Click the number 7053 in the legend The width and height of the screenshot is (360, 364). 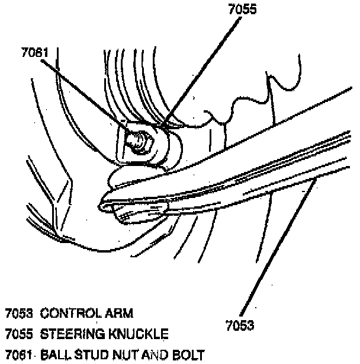(18, 313)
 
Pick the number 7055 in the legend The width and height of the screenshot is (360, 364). (18, 334)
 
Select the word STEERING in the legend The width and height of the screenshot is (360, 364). (70, 334)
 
